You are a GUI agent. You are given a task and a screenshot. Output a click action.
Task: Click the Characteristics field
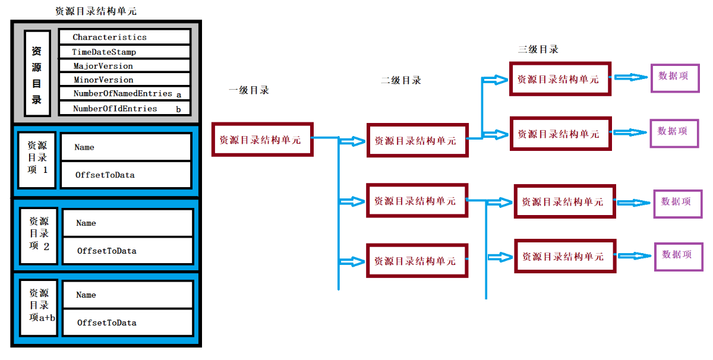point(124,37)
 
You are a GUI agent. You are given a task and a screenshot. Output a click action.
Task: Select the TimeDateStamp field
point(124,52)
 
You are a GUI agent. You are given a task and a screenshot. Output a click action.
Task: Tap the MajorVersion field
point(124,66)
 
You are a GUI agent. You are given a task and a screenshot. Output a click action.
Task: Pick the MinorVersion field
point(124,80)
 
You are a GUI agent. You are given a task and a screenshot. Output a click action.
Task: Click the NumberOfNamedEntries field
point(124,94)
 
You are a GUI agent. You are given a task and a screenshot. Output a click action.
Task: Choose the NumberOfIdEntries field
point(124,109)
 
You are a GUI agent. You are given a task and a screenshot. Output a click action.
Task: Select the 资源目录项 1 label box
point(37,160)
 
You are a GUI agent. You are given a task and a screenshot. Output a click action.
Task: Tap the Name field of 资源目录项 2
point(127,223)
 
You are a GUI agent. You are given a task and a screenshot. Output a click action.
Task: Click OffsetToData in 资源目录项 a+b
point(127,323)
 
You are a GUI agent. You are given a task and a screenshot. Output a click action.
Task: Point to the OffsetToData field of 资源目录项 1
point(125,175)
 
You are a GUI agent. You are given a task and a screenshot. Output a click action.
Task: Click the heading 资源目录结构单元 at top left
point(96,11)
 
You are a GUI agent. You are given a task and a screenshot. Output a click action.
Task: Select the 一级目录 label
point(249,90)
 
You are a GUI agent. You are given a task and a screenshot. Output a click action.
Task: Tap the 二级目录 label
point(401,80)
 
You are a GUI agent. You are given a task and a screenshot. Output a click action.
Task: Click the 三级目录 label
point(538,49)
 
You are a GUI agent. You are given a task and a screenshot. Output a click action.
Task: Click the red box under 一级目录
point(262,140)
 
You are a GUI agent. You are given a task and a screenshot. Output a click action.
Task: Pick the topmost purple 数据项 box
point(674,77)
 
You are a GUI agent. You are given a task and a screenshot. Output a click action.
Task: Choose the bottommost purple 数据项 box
point(678,256)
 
